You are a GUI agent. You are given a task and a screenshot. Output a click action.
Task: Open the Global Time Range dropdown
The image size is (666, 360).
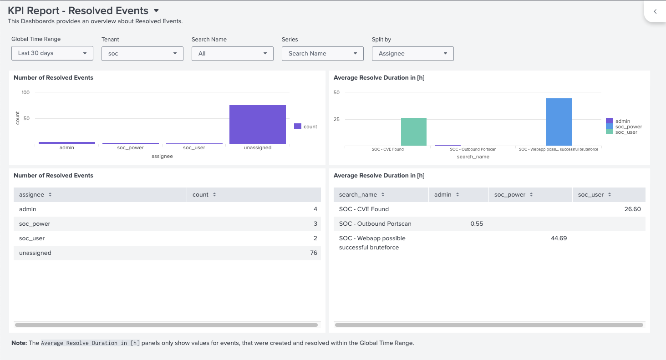coord(52,53)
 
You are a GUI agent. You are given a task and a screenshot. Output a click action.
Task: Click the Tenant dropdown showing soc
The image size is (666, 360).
coord(142,54)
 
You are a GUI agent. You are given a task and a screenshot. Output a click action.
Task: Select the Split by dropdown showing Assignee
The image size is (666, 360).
coord(412,54)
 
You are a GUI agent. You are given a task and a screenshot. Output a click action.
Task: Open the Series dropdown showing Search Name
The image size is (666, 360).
coord(322,54)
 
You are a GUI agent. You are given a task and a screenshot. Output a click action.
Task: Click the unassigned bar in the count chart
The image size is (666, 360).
coord(258,124)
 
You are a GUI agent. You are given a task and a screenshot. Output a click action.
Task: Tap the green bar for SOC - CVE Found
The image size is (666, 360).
coord(413,132)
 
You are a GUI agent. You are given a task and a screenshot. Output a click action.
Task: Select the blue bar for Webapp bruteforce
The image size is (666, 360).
coord(559,122)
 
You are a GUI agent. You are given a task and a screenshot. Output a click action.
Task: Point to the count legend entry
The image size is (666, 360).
coord(306,127)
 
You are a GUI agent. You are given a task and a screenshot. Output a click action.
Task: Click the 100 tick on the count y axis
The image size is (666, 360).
coord(25,92)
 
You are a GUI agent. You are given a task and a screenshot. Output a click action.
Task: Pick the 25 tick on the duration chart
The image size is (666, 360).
coord(336,119)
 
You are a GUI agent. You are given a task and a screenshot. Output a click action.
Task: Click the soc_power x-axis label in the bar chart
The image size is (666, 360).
coord(130,147)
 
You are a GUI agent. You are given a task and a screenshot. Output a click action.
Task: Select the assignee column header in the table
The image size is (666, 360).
coord(32,195)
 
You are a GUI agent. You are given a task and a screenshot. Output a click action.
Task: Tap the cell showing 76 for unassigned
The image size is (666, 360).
coord(313,253)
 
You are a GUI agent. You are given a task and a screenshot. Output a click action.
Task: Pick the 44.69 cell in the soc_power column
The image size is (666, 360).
coord(559,238)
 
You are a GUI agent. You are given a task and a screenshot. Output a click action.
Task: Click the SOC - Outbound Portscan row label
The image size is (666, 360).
coord(375,224)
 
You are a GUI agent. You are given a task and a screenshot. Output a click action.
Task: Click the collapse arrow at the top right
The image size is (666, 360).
coord(655,12)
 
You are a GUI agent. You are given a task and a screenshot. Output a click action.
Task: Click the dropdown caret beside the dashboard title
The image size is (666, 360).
coord(156,10)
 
